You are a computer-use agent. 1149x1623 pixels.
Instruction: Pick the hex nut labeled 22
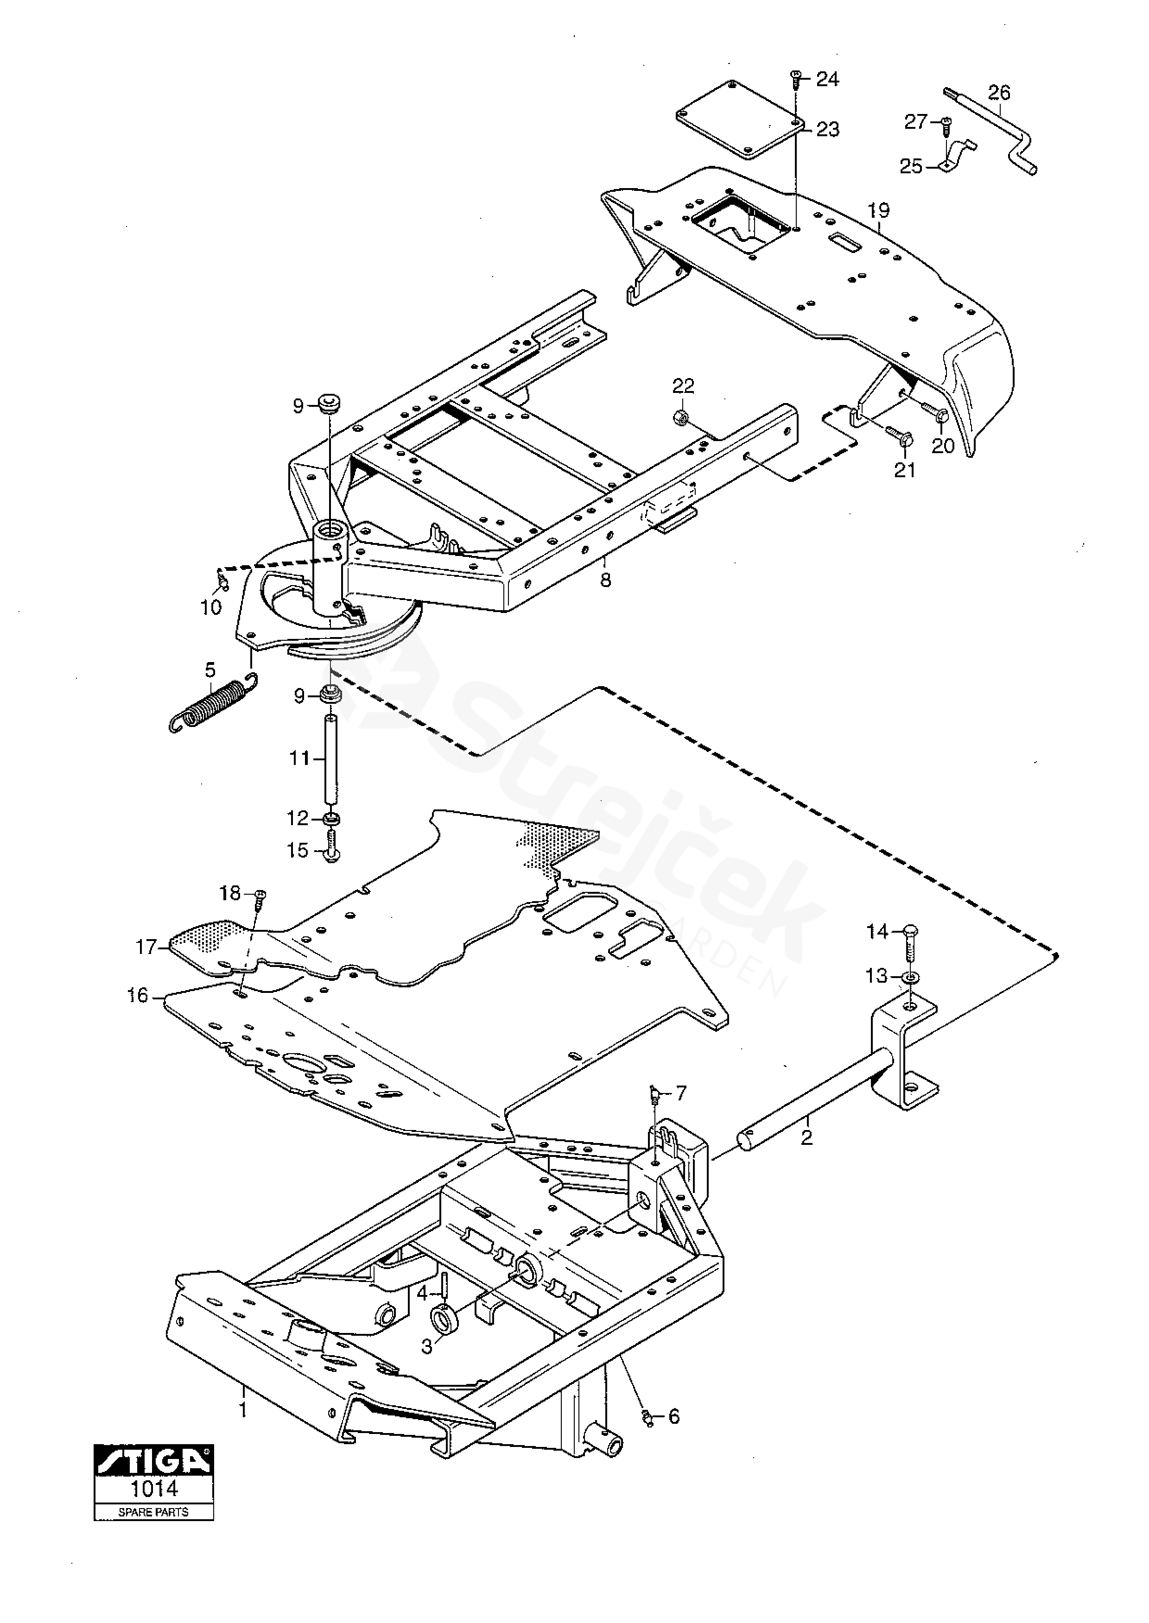(x=678, y=417)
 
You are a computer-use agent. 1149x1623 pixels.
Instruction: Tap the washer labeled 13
(x=911, y=977)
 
